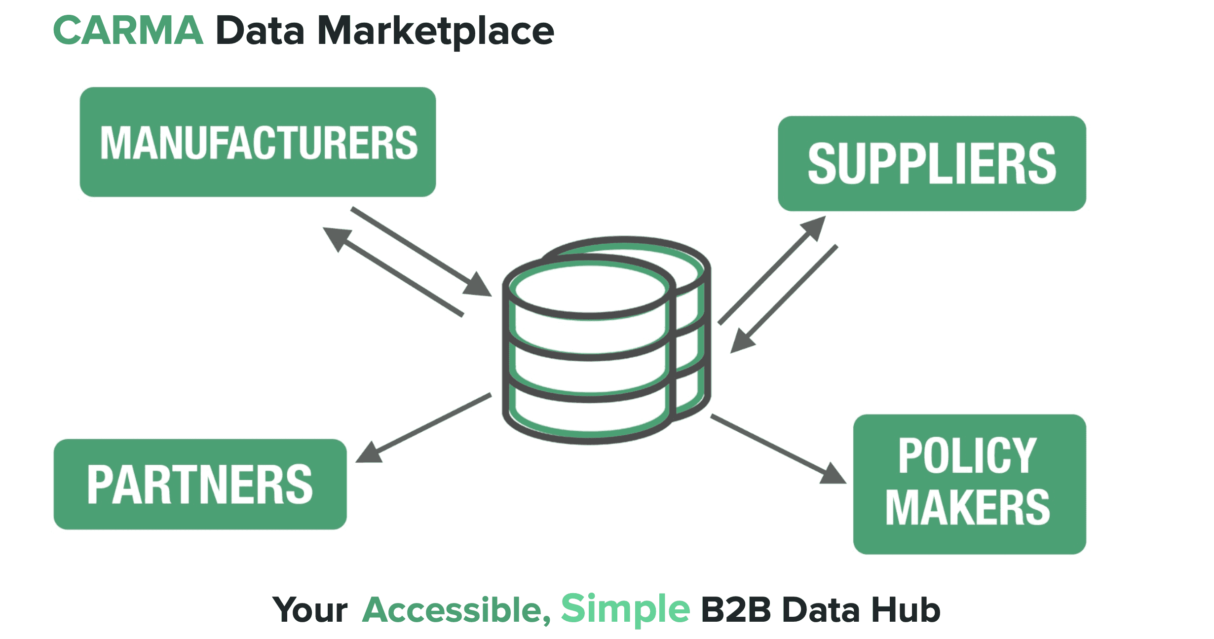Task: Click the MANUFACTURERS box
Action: (258, 142)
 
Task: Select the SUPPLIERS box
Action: (932, 164)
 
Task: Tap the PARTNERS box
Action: (200, 484)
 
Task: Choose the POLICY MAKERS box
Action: (969, 484)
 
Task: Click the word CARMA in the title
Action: (128, 31)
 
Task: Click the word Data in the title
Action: (260, 31)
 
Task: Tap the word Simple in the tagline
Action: (625, 610)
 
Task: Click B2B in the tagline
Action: (736, 610)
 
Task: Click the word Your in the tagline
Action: (310, 610)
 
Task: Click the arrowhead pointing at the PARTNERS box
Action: (369, 453)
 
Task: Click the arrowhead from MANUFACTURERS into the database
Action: (477, 285)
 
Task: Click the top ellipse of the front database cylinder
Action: (589, 289)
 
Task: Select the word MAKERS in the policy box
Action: (968, 508)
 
